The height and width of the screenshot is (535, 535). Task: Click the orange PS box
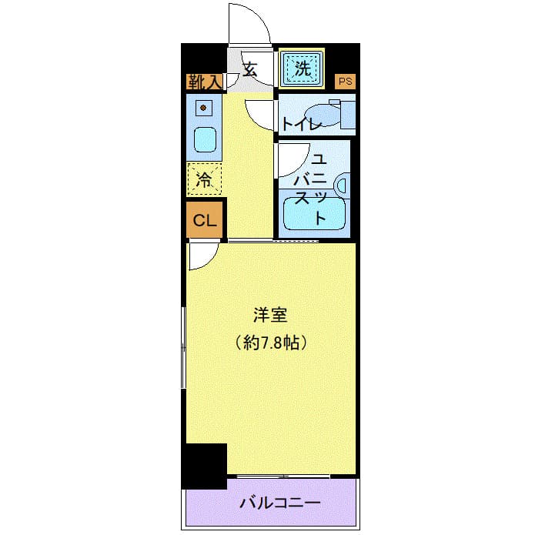346,80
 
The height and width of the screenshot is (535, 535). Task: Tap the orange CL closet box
204,221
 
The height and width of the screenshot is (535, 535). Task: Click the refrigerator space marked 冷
204,180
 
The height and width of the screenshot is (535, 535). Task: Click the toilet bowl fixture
327,115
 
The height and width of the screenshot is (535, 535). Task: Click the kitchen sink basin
203,141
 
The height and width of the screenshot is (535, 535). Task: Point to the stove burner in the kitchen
203,109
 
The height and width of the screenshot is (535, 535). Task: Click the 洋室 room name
270,315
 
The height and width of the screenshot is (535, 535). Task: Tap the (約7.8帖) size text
270,343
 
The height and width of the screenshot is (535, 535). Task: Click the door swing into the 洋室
202,256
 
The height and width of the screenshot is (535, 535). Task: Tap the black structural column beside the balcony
204,465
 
